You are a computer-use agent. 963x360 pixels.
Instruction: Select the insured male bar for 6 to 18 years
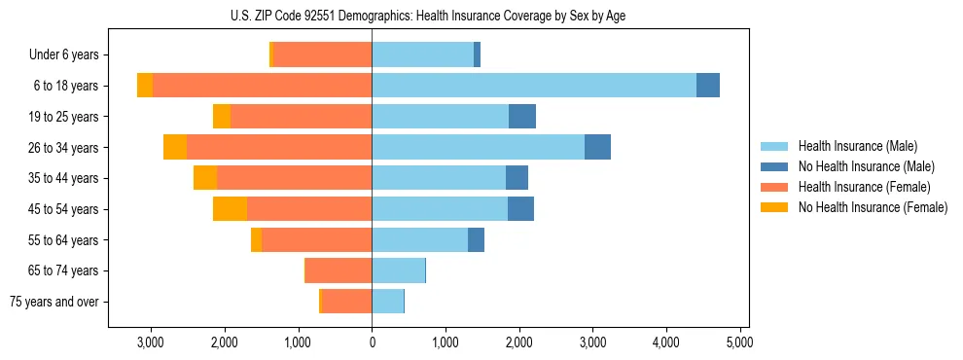point(534,86)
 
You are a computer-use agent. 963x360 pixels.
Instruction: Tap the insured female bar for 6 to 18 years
point(262,86)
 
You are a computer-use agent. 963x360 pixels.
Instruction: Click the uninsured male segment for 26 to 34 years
point(597,147)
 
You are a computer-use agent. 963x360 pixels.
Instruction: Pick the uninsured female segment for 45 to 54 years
point(230,208)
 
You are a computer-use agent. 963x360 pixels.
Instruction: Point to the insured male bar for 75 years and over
point(387,302)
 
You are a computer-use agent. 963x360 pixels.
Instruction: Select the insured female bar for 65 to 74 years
point(339,270)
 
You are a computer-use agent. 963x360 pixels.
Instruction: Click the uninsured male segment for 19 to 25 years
point(522,117)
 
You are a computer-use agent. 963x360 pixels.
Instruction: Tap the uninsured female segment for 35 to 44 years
point(205,178)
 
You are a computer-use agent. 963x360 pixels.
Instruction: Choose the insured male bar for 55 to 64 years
point(419,239)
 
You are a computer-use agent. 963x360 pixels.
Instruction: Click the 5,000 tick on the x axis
point(739,342)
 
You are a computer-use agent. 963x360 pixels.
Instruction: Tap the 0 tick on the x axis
point(372,342)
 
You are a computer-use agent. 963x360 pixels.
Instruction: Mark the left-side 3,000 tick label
point(151,342)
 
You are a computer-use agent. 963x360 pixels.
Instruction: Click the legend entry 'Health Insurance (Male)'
point(858,146)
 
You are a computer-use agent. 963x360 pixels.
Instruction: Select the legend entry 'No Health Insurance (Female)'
point(873,207)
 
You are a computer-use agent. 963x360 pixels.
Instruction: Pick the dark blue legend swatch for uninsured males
point(774,166)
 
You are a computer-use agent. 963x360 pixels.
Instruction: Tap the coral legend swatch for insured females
point(774,187)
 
